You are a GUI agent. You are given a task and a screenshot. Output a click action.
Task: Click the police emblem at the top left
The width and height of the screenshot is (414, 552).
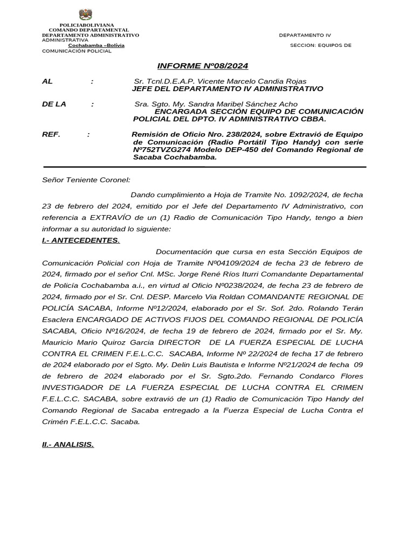tap(85, 15)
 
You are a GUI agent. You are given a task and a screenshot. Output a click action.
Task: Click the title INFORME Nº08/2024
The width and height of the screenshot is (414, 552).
tap(202, 66)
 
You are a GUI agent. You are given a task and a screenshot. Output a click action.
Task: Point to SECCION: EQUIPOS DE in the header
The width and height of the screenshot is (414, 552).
tap(320, 45)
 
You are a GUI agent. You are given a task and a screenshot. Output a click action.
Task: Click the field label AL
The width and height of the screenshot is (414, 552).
tap(47, 81)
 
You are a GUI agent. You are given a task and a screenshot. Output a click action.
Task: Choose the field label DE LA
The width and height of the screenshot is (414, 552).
tap(54, 104)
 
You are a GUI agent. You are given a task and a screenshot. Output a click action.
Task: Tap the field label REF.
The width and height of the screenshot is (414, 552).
tap(51, 134)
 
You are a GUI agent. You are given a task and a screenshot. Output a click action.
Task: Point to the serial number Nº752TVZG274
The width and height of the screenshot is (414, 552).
tap(162, 149)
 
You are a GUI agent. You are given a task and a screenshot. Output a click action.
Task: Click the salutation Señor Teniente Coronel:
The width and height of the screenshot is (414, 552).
tap(86, 180)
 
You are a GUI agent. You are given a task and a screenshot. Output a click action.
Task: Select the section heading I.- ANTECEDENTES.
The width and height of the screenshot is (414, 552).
tap(81, 240)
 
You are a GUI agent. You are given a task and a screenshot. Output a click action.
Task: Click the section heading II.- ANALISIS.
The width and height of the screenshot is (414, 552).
tap(68, 445)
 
